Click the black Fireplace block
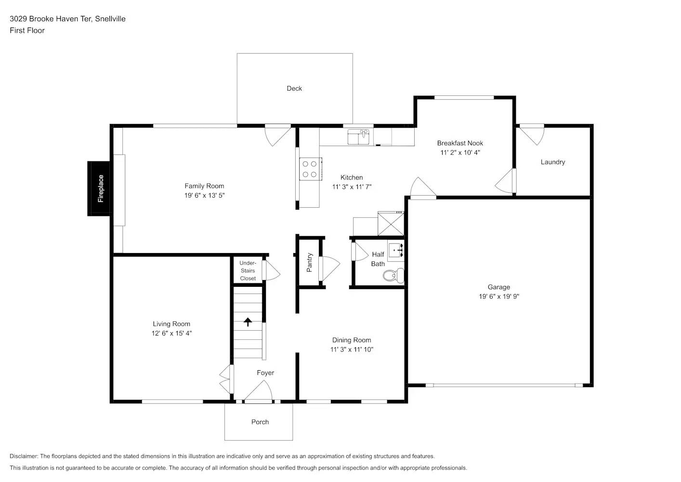click(100, 188)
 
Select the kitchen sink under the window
click(358, 137)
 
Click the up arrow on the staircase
click(248, 322)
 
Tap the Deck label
click(294, 88)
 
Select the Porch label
click(260, 422)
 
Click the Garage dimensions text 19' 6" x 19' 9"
click(498, 296)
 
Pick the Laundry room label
click(552, 162)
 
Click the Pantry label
click(310, 263)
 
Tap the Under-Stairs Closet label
click(248, 270)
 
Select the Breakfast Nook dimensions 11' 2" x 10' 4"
click(460, 152)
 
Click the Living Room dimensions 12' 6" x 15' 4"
click(171, 333)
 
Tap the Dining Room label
click(352, 340)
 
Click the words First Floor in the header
click(27, 30)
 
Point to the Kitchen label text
click(352, 177)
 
